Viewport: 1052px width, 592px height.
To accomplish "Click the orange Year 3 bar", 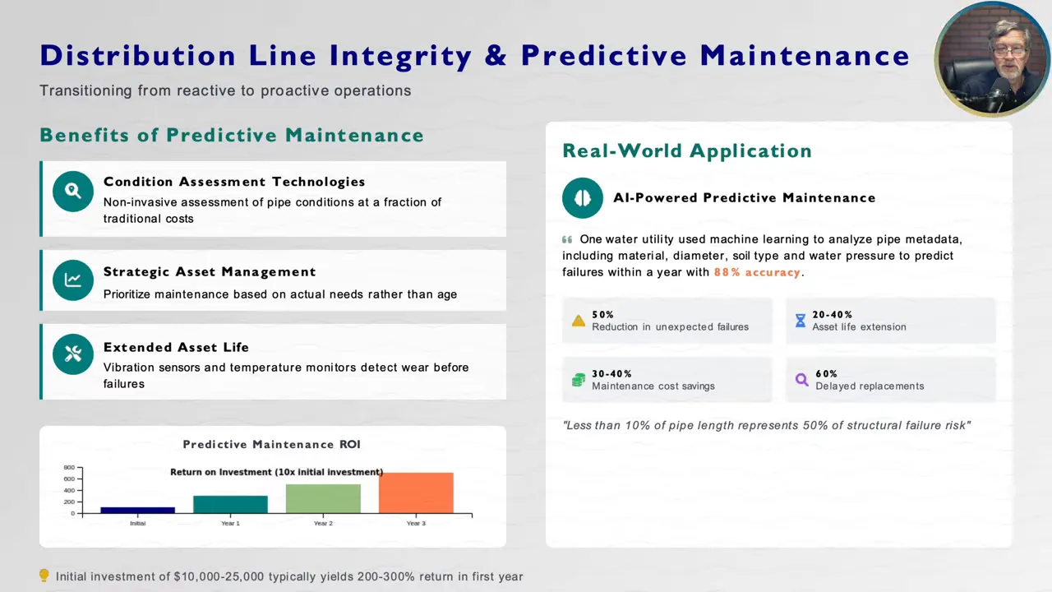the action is [x=416, y=493].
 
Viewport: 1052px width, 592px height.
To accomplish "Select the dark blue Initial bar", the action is [x=137, y=511].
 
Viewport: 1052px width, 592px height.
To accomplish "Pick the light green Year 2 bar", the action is [x=323, y=498].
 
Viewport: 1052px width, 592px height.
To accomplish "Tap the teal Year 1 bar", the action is [x=231, y=505].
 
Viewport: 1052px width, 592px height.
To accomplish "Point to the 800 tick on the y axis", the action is [x=70, y=468].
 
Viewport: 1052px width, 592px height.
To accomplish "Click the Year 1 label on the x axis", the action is [x=231, y=524].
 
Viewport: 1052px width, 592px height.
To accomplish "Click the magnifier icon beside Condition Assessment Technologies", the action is [x=73, y=192].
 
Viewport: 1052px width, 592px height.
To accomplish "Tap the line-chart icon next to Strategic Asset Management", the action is [x=73, y=280].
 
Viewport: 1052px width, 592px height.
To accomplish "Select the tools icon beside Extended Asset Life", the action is [x=73, y=354].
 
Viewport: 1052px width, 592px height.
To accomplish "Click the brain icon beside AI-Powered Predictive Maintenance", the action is [x=583, y=198].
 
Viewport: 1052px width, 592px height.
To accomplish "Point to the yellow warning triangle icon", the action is [x=579, y=321].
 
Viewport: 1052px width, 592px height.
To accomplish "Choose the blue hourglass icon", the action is [x=801, y=321].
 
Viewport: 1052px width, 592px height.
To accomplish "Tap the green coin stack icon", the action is [x=579, y=380].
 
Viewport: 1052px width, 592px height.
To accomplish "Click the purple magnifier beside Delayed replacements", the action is [x=802, y=380].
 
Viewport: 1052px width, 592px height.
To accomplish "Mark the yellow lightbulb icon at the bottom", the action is [x=44, y=576].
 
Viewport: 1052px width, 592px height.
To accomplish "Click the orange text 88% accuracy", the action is [x=757, y=272].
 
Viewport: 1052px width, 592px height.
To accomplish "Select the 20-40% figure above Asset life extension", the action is [x=833, y=315].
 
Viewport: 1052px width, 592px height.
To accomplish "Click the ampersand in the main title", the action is [x=496, y=55].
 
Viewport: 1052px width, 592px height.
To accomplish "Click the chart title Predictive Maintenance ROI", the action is [x=271, y=445].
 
